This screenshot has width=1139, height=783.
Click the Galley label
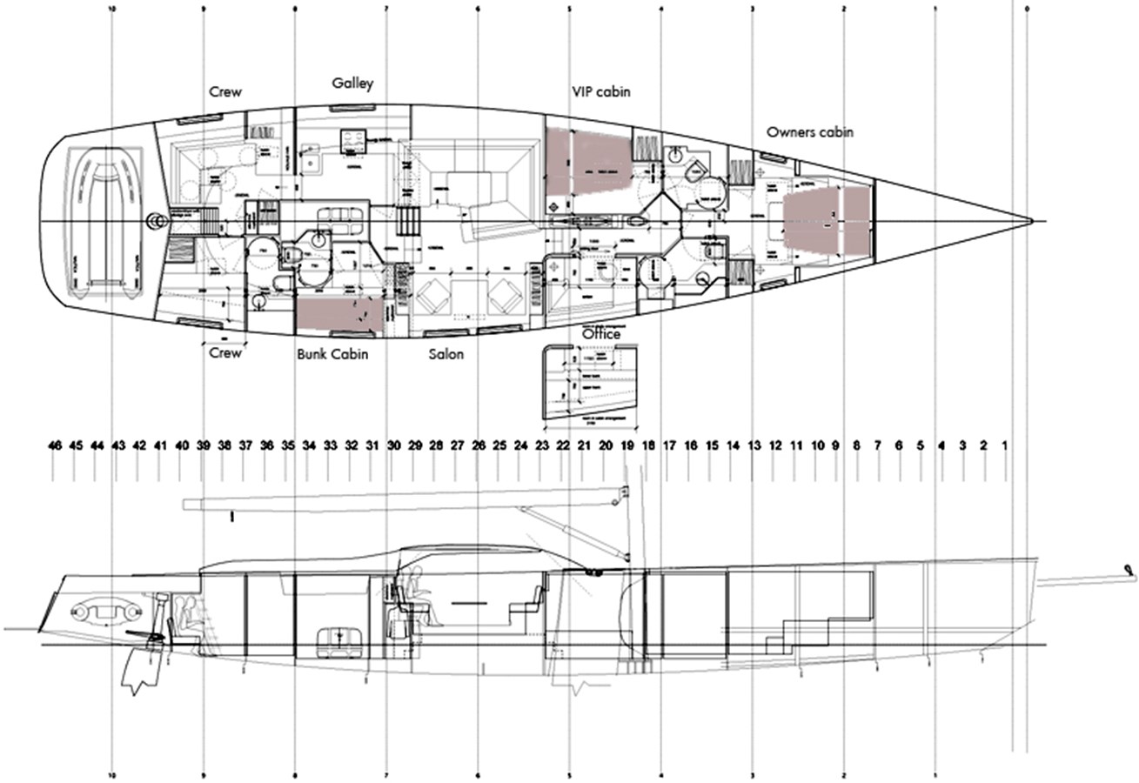point(352,84)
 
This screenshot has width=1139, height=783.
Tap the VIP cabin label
point(600,91)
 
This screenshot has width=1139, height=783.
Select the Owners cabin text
point(809,132)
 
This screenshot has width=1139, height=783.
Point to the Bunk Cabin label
point(332,354)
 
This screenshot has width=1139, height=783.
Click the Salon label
point(446,354)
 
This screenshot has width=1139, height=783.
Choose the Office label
point(601,334)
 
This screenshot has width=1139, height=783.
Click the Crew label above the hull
point(225,92)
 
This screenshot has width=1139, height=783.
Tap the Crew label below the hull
point(225,353)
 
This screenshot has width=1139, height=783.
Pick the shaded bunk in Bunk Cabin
point(338,315)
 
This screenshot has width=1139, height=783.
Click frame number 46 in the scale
point(55,445)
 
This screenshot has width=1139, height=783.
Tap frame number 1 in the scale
point(1005,445)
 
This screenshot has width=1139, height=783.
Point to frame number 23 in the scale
point(542,445)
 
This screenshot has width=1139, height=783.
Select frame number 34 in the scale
point(309,445)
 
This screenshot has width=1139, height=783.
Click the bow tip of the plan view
point(1032,221)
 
